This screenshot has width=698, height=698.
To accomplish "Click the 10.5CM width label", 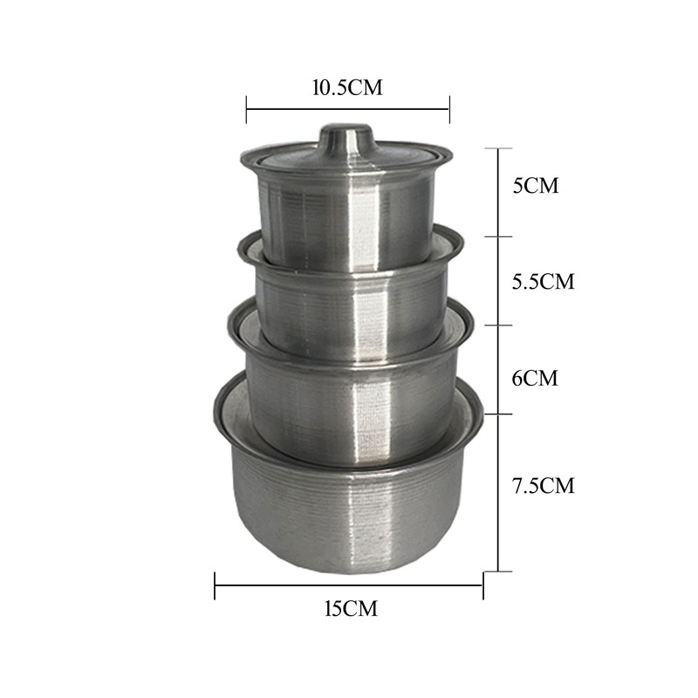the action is (346, 87).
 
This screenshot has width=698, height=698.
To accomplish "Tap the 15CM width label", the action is (351, 608).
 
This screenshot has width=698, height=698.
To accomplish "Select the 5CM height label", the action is (536, 185).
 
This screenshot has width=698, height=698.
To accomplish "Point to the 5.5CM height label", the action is (543, 281).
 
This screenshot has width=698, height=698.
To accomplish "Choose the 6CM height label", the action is (535, 379).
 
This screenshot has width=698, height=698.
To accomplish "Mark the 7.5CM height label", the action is (543, 485).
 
